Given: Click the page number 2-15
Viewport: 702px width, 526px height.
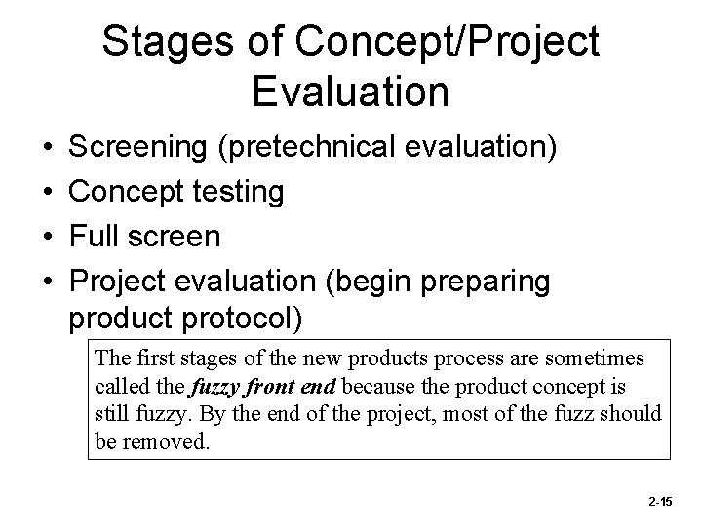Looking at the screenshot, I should click(x=659, y=500).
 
